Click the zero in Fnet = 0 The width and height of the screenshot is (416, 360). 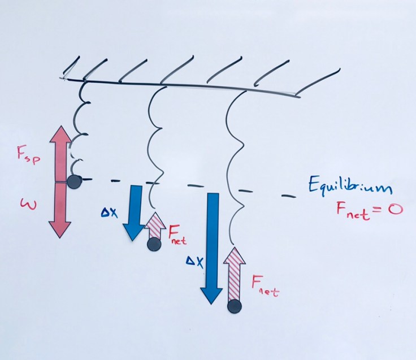pyautogui.click(x=393, y=211)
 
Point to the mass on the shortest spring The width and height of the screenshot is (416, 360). pyautogui.click(x=73, y=181)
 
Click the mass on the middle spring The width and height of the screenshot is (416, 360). pyautogui.click(x=153, y=244)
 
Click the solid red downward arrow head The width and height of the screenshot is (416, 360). pyautogui.click(x=60, y=227)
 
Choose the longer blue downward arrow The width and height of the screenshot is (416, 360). pyautogui.click(x=212, y=249)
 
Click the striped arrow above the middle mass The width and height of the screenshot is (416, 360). pyautogui.click(x=153, y=226)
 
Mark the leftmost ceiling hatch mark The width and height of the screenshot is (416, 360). pyautogui.click(x=71, y=69)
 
